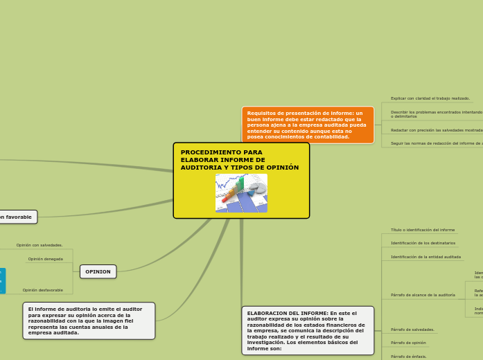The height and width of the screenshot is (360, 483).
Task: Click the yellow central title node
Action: pyautogui.click(x=240, y=159)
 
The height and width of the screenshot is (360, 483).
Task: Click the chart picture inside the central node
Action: pyautogui.click(x=241, y=193)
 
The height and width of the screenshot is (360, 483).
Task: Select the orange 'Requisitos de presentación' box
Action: pyautogui.click(x=308, y=125)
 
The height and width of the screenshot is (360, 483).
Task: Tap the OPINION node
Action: pyautogui.click(x=98, y=271)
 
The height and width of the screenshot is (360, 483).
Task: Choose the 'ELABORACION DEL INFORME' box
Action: pyautogui.click(x=308, y=330)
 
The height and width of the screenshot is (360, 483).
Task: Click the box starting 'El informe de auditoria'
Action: pyautogui.click(x=89, y=321)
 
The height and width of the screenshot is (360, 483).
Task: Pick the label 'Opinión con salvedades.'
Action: pyautogui.click(x=39, y=245)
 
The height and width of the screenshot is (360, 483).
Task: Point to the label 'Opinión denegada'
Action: pyautogui.click(x=46, y=259)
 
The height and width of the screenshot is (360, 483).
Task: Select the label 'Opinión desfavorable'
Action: pyautogui.click(x=43, y=290)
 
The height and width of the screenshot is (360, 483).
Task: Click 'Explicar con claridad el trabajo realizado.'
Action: pyautogui.click(x=430, y=98)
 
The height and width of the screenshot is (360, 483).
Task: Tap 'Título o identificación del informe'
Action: pyautogui.click(x=423, y=230)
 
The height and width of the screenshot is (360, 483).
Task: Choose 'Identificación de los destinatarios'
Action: pyautogui.click(x=423, y=243)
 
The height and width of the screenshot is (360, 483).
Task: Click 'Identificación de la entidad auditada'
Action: pyautogui.click(x=426, y=257)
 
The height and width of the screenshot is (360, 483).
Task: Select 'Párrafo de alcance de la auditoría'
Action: pyautogui.click(x=423, y=295)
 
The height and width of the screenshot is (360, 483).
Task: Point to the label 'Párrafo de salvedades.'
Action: pyautogui.click(x=413, y=330)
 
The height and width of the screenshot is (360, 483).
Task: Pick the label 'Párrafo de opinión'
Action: pyautogui.click(x=409, y=343)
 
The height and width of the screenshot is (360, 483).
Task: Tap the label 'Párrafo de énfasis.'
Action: pyautogui.click(x=409, y=356)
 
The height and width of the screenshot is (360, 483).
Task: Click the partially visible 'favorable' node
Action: pyautogui.click(x=17, y=217)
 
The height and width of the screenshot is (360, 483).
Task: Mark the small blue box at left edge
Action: pyautogui.click(x=2, y=280)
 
